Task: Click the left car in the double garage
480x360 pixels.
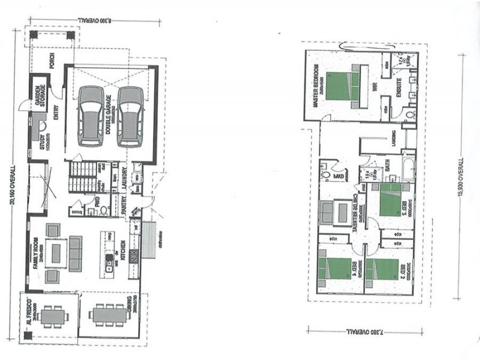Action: (91, 116)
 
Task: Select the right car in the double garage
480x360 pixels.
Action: (130, 116)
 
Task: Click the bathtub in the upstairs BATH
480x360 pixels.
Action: (409, 168)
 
